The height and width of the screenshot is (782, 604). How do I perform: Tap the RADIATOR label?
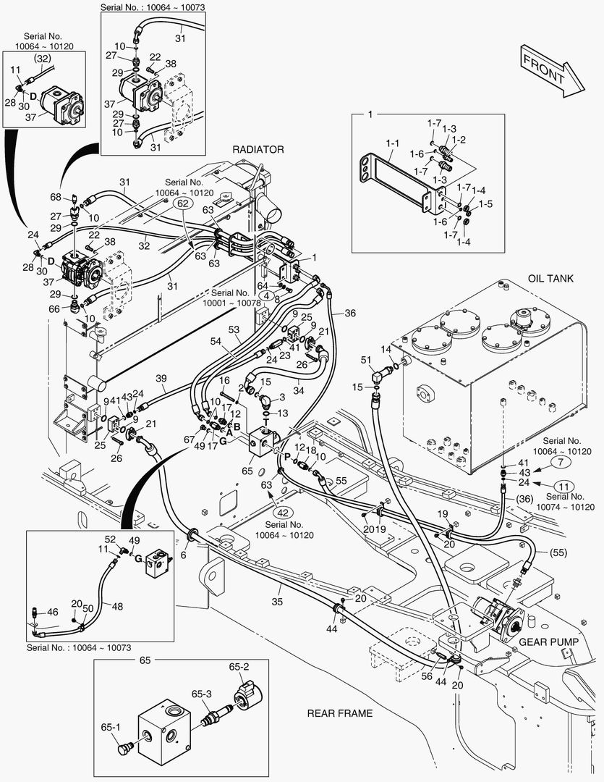258,149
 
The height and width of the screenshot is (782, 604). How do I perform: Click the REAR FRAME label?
340,713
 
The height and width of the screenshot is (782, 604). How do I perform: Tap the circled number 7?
561,461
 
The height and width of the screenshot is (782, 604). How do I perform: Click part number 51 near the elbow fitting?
365,360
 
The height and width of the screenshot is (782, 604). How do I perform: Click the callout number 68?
56,197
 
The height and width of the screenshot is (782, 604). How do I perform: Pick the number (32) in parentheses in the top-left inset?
43,58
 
